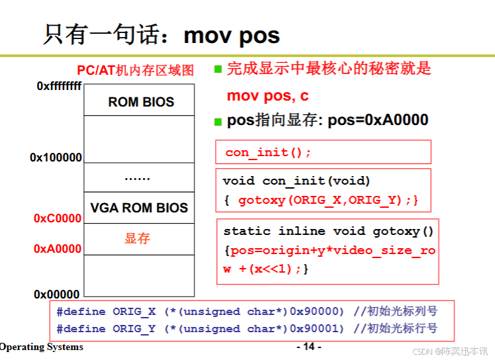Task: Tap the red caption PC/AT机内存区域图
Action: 136,69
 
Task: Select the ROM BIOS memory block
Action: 141,102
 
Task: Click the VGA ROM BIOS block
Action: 139,208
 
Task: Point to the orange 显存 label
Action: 138,238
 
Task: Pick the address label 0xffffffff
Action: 60,86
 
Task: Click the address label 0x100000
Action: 56,157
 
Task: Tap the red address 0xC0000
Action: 58,218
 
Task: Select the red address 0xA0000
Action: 58,249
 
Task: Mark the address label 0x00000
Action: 57,294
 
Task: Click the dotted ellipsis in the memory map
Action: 138,177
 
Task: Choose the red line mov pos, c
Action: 267,96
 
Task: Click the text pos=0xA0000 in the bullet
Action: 378,120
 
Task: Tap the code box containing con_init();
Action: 323,152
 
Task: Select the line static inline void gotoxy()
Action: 328,231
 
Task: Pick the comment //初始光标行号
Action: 395,329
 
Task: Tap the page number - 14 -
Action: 308,347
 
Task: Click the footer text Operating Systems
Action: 42,347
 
